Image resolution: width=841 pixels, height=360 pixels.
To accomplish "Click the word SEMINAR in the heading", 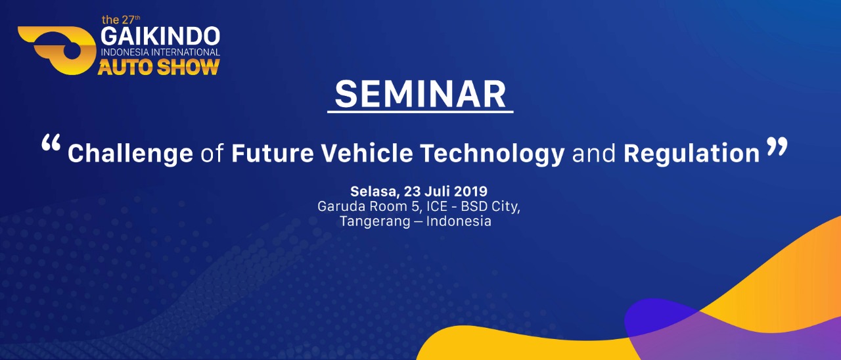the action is click(420, 94).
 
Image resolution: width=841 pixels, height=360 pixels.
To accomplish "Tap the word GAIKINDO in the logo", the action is click(160, 36).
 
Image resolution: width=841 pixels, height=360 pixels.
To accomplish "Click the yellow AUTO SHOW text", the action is click(159, 67).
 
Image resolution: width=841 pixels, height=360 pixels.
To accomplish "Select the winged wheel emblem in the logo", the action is click(57, 51).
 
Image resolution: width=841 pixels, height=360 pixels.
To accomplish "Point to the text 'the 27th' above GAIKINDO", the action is click(121, 20).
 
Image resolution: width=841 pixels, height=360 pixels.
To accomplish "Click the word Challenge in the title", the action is click(130, 154).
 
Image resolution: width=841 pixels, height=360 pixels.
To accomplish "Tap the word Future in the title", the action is click(273, 153).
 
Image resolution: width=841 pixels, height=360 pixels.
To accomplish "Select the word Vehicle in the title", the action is click(367, 153).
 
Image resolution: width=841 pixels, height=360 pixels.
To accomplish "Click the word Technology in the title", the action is click(492, 154).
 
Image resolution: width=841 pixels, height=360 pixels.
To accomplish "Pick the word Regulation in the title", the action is click(692, 154).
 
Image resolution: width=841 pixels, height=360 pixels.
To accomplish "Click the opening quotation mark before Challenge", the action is click(51, 143).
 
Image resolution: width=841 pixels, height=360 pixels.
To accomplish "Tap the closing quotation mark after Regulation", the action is click(777, 146).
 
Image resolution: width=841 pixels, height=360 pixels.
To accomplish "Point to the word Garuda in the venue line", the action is click(341, 206).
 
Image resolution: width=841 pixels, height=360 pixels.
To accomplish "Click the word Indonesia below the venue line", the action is click(459, 221).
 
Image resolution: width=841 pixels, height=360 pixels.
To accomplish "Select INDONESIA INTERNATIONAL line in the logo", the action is click(160, 52).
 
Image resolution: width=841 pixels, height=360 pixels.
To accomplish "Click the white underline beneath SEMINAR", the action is click(420, 112).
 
